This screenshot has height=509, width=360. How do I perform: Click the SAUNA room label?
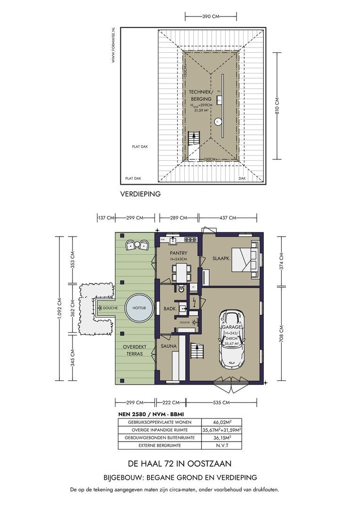coord(169,346)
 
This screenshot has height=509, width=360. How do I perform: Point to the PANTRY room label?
coord(179,253)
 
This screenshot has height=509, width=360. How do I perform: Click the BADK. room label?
coord(169,309)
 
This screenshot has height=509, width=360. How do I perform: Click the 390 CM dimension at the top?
coord(210,16)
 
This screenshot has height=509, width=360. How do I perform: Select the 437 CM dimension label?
coord(228,218)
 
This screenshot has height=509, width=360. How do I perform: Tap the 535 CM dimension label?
coord(222,402)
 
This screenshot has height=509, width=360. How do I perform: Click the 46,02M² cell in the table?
coord(221,422)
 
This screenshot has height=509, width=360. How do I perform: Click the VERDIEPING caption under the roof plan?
coord(140,194)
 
